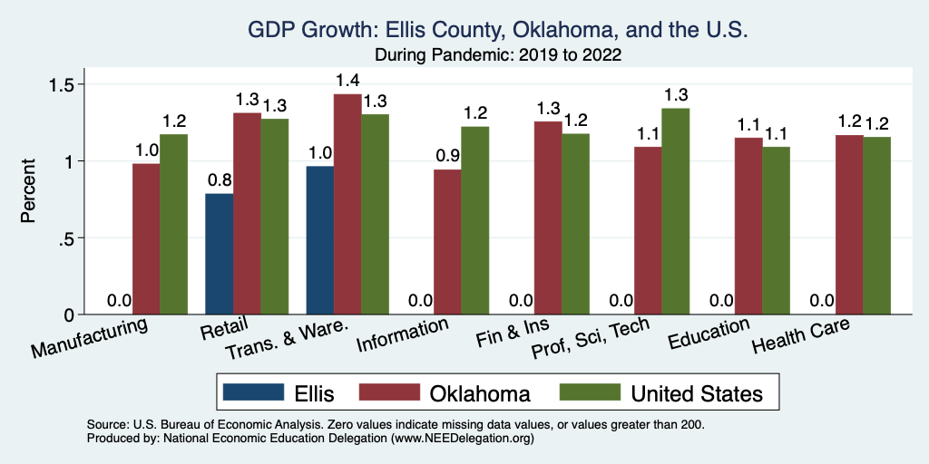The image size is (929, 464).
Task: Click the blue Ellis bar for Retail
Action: [220, 254]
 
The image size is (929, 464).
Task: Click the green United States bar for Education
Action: [777, 230]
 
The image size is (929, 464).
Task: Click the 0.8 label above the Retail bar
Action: [220, 180]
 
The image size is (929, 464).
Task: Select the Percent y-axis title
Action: [29, 192]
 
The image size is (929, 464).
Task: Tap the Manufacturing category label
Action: [90, 337]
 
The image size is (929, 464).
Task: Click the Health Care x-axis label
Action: [801, 337]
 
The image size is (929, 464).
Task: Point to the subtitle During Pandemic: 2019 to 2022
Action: [497, 54]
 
